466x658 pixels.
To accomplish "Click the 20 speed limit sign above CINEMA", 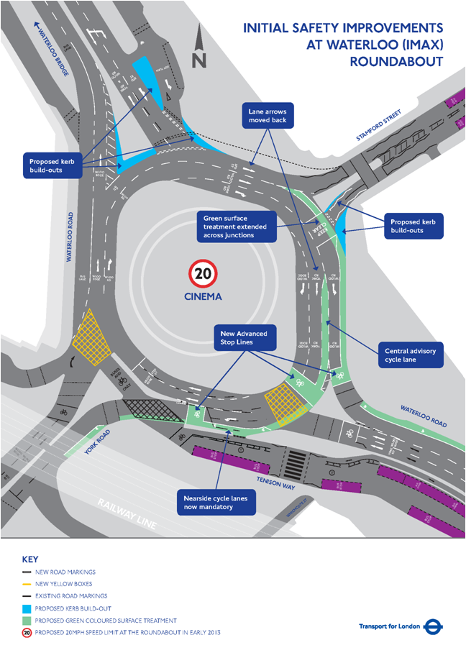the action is pyautogui.click(x=203, y=273).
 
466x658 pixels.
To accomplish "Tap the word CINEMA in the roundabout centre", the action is pyautogui.click(x=203, y=296).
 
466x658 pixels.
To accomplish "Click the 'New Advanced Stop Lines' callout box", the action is pyautogui.click(x=244, y=338).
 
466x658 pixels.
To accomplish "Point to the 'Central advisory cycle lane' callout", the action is pyautogui.click(x=410, y=355).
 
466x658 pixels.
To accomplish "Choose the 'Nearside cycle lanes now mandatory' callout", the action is pyautogui.click(x=216, y=502).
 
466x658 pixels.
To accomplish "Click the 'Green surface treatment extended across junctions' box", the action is pyautogui.click(x=238, y=225).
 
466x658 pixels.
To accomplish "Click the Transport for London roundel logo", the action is pyautogui.click(x=433, y=626).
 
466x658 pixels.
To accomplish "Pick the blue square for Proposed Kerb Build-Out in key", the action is pyautogui.click(x=27, y=608).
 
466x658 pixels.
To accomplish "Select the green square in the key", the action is pyautogui.click(x=27, y=620).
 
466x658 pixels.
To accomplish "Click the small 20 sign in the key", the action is pyautogui.click(x=27, y=632).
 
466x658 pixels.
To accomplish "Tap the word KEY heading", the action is pyautogui.click(x=30, y=559).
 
